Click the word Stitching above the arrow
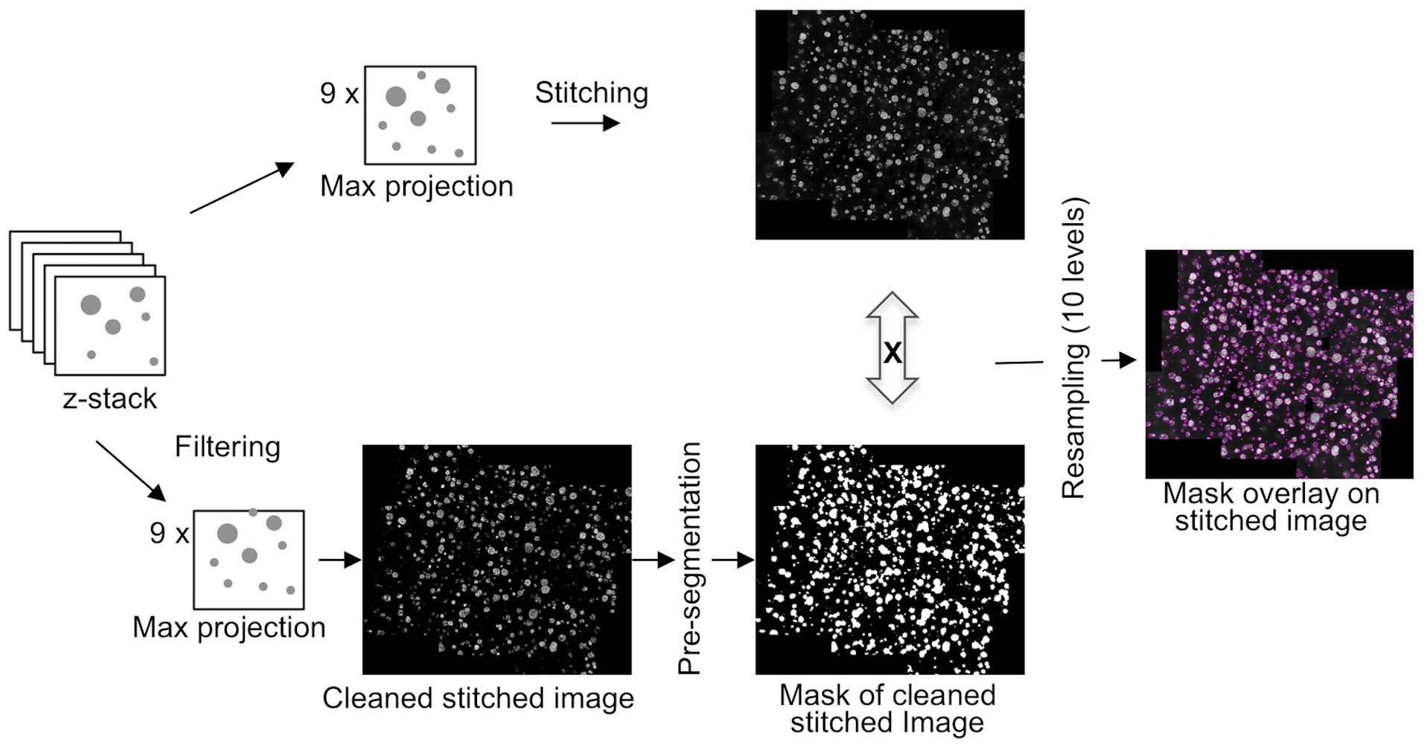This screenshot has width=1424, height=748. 591,93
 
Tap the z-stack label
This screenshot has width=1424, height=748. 110,399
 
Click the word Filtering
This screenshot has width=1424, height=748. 227,447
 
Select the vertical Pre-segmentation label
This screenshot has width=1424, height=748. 690,558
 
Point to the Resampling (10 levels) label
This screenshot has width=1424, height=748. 1073,348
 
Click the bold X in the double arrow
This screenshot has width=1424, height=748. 892,351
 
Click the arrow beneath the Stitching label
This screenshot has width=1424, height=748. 585,123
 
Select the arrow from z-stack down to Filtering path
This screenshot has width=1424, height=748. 130,470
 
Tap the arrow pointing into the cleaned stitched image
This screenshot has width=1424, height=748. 339,560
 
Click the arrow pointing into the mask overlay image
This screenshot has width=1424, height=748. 1119,361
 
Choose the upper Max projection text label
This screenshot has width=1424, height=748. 416,186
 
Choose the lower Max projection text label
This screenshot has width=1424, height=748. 229,627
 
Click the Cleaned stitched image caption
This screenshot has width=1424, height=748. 478,698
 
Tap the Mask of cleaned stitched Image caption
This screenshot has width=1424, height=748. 887,709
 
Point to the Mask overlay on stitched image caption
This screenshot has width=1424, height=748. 1271,507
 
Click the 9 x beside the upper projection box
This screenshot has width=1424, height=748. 339,94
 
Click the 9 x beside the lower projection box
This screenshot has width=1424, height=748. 169,533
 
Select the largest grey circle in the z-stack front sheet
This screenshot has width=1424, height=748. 91,304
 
